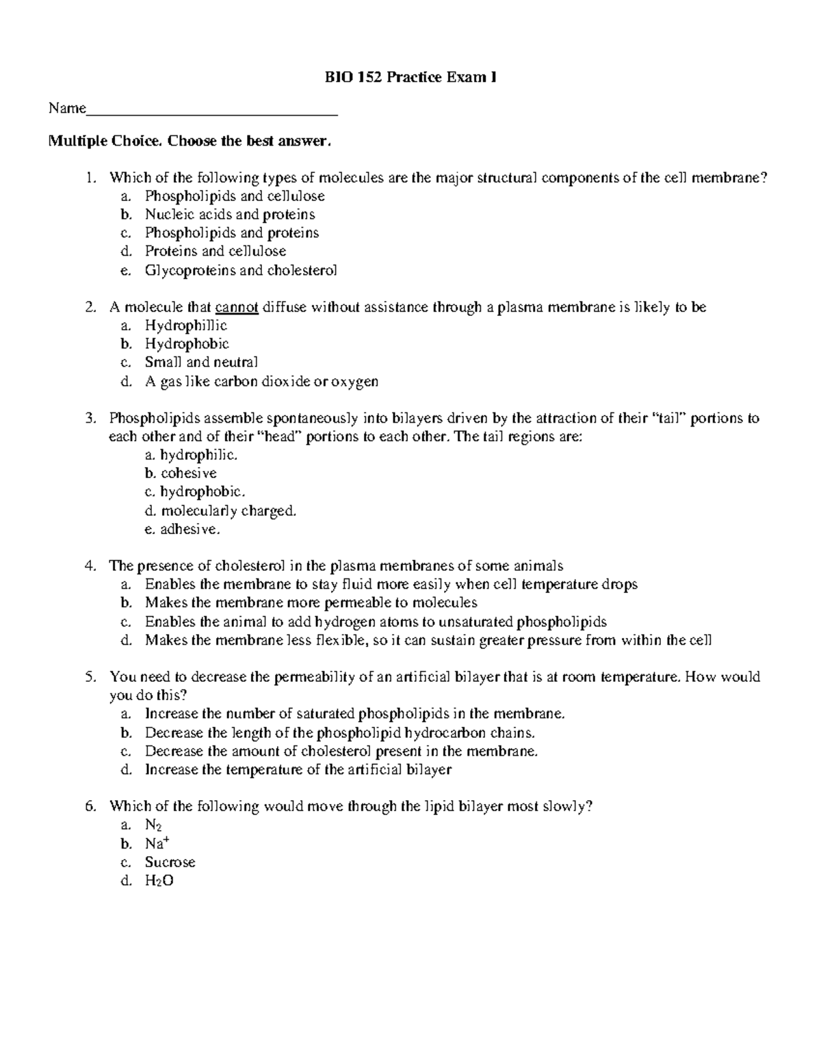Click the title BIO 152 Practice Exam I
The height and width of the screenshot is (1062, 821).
click(410, 78)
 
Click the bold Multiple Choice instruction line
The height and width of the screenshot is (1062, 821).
click(190, 142)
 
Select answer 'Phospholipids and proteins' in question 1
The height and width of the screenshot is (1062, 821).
click(231, 233)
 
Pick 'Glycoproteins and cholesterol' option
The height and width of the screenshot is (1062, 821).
click(241, 270)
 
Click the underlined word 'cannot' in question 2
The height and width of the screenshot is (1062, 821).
click(237, 308)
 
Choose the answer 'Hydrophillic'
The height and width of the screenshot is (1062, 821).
click(185, 326)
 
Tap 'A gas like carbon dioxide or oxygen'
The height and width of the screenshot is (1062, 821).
click(261, 382)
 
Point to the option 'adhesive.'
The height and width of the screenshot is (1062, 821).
click(190, 529)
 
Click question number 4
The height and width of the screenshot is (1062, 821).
click(89, 566)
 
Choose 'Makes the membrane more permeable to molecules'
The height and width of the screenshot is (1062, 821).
click(311, 603)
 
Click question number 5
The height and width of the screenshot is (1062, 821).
click(89, 677)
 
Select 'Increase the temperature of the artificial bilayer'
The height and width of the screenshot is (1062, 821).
click(298, 770)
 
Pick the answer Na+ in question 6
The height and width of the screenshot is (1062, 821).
click(157, 844)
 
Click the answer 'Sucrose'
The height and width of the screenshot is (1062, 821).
click(170, 862)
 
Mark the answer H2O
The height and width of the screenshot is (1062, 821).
click(159, 881)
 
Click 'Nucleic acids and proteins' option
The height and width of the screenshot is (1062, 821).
click(230, 215)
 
